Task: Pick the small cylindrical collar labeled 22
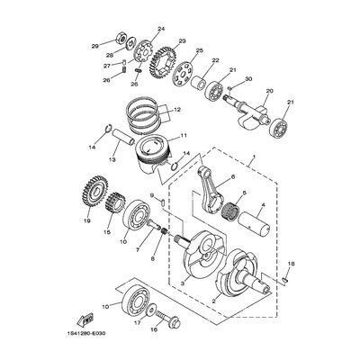[x=198, y=82]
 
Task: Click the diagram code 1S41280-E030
[x=88, y=333]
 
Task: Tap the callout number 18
[x=292, y=264]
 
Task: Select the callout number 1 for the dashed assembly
[x=254, y=157]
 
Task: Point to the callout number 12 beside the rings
[x=177, y=110]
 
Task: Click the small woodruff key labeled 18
[x=285, y=280]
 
